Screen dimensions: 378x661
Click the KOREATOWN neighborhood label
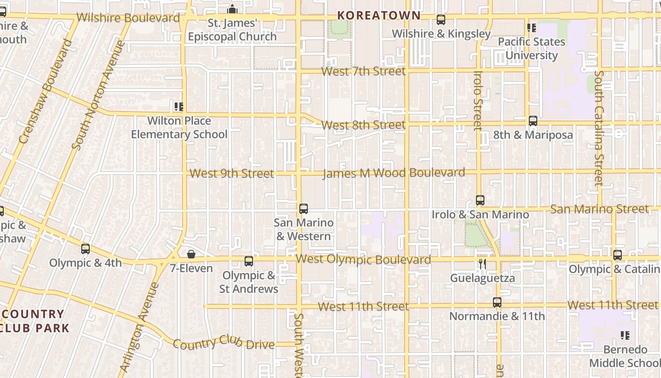coord(379,15)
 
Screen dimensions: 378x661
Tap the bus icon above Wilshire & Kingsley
coord(441,20)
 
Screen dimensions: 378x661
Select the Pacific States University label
coord(531,48)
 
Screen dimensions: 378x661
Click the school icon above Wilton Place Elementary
coord(178,107)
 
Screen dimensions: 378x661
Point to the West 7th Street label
coord(363,71)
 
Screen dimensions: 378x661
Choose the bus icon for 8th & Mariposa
coord(533,121)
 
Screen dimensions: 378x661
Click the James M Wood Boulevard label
coord(393,173)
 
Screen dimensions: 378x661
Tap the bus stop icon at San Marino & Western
coord(304,208)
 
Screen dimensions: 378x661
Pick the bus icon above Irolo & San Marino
coord(480,200)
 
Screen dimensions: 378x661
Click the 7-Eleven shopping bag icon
coord(191,255)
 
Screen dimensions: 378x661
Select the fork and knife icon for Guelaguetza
coord(482,264)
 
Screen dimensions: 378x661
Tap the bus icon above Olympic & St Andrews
coord(249,261)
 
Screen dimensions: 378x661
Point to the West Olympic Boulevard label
coord(363,259)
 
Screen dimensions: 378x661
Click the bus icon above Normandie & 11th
coord(497,302)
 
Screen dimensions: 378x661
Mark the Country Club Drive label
coord(223,343)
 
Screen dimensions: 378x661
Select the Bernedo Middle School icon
coord(625,335)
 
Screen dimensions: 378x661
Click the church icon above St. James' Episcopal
coord(232,9)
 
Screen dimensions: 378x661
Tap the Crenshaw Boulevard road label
coord(46,91)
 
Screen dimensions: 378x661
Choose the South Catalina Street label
coord(599,128)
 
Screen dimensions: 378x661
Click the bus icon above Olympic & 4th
coord(85,249)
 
